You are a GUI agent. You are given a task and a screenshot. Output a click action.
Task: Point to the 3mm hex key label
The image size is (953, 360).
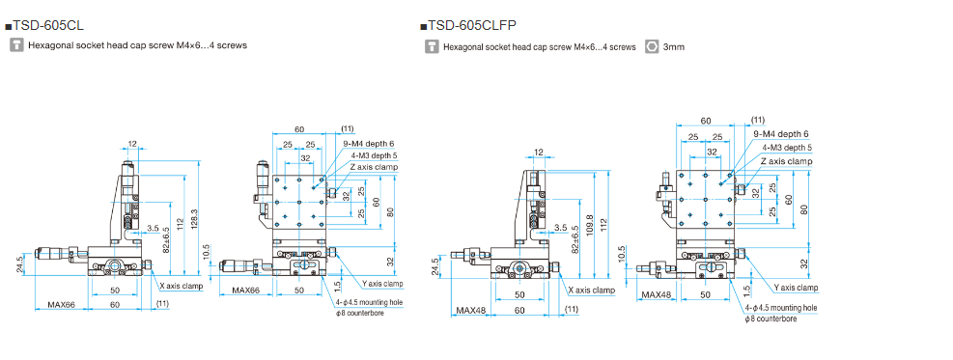pyautogui.click(x=674, y=46)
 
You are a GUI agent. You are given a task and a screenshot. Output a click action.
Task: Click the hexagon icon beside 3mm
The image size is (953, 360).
pyautogui.click(x=652, y=46)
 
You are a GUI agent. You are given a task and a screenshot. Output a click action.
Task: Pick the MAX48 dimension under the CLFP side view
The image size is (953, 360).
pyautogui.click(x=471, y=311)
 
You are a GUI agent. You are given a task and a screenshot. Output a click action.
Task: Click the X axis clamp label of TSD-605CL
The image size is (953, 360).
pyautogui.click(x=182, y=286)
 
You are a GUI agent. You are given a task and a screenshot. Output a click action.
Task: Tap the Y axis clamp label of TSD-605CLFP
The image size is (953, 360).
pyautogui.click(x=796, y=288)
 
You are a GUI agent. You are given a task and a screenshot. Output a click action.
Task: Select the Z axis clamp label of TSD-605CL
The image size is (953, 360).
pyautogui.click(x=374, y=166)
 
